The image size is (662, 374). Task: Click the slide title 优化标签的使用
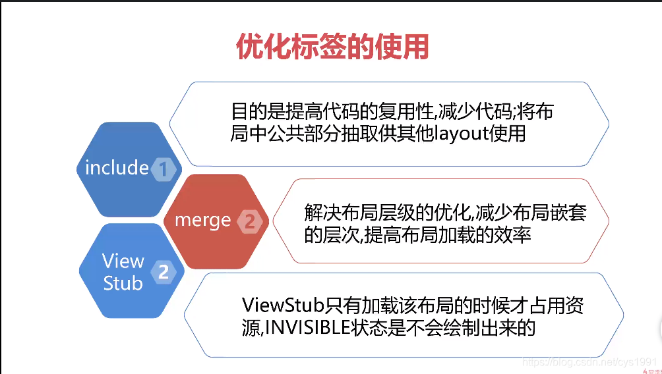[x=332, y=47]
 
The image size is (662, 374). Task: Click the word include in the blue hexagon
[x=117, y=167]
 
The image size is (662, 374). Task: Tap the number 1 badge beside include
[x=163, y=169]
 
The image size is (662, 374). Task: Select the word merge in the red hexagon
[x=202, y=220]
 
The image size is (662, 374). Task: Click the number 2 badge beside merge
[x=249, y=221]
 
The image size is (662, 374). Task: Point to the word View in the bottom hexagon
[x=123, y=261]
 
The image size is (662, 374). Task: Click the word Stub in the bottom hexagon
[x=123, y=283]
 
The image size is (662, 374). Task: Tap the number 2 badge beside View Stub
[x=163, y=271]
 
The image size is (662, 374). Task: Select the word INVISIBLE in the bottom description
[x=309, y=327]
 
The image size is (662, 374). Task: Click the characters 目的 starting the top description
[x=241, y=111]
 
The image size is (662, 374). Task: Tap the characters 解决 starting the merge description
[x=315, y=213]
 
